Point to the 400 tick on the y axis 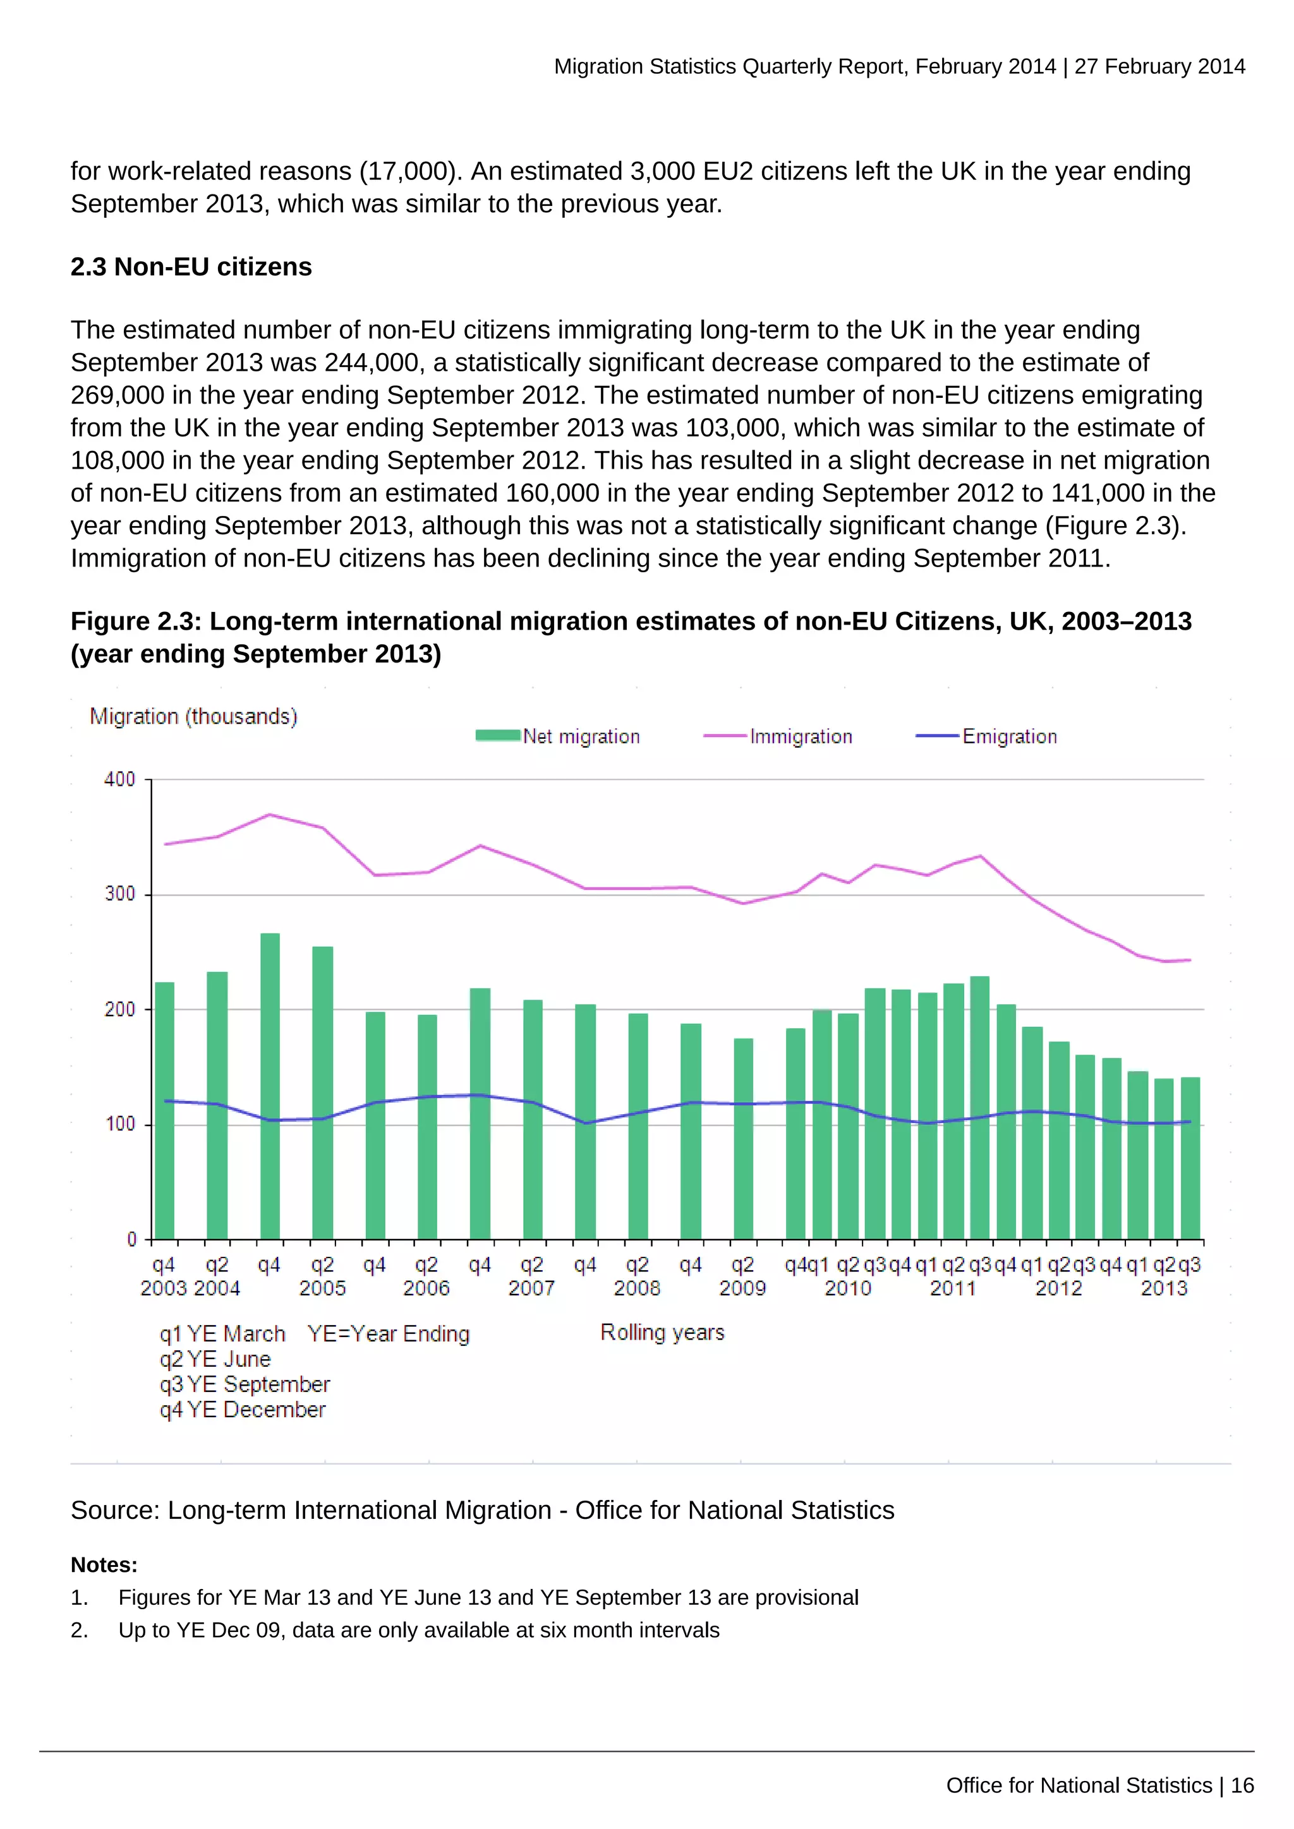point(119,779)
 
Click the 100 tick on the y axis point(119,1124)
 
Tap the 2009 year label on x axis point(742,1288)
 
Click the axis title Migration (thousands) point(193,716)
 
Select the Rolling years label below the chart point(662,1332)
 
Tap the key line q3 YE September point(244,1384)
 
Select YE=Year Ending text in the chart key point(389,1333)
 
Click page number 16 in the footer point(1242,1785)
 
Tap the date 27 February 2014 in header point(1159,66)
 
